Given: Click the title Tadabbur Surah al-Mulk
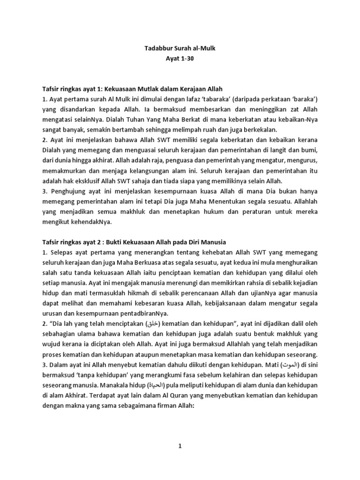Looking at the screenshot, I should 180,47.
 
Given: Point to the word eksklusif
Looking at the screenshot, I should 89,180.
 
